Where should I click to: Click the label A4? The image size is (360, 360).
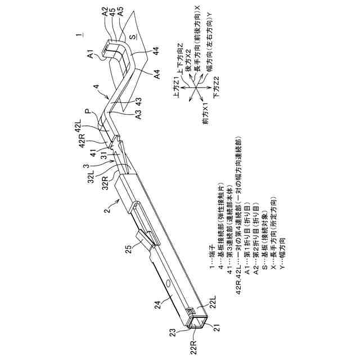click(157, 74)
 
